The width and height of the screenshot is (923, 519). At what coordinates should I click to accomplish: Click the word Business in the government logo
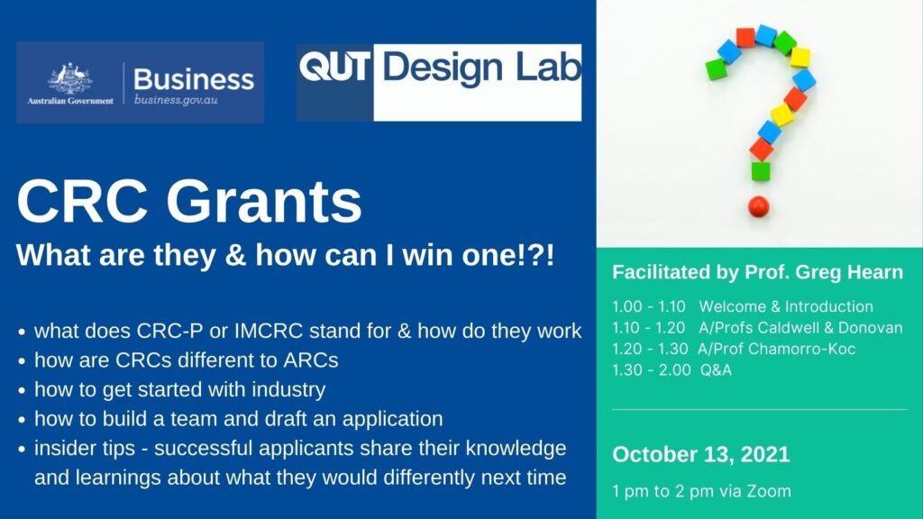(x=193, y=78)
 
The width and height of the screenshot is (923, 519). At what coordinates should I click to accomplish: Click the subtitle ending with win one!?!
(x=286, y=255)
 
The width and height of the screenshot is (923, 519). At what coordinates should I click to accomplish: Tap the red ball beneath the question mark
(x=759, y=206)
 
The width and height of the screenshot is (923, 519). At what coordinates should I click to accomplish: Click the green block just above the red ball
(x=761, y=171)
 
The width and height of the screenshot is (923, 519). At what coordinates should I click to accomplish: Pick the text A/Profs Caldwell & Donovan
(x=800, y=328)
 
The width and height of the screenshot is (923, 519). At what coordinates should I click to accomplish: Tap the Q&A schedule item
(x=716, y=369)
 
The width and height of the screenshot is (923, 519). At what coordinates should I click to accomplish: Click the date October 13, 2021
(x=700, y=454)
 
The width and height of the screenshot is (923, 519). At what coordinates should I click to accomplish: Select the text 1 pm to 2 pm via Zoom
(x=701, y=491)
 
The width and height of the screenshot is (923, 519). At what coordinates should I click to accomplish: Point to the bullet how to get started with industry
(x=179, y=390)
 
